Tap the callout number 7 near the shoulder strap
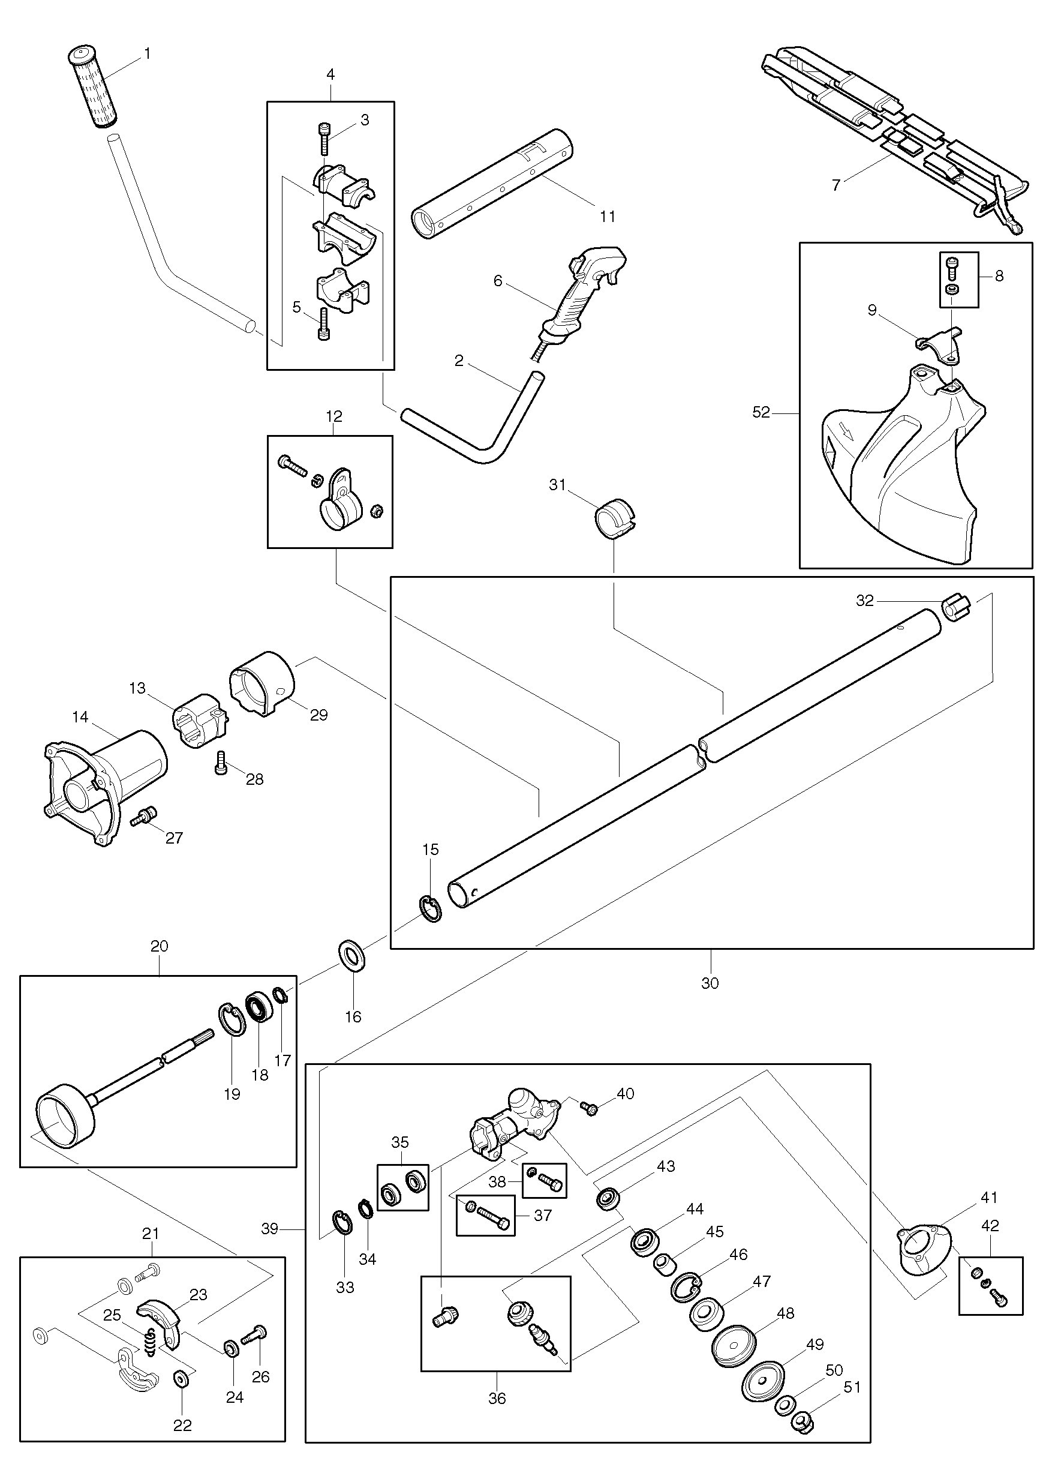tap(836, 185)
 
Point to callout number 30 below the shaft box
tap(710, 983)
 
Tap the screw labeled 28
tap(220, 763)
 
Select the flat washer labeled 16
tap(352, 955)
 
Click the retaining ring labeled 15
tap(429, 909)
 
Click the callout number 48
tap(786, 1313)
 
